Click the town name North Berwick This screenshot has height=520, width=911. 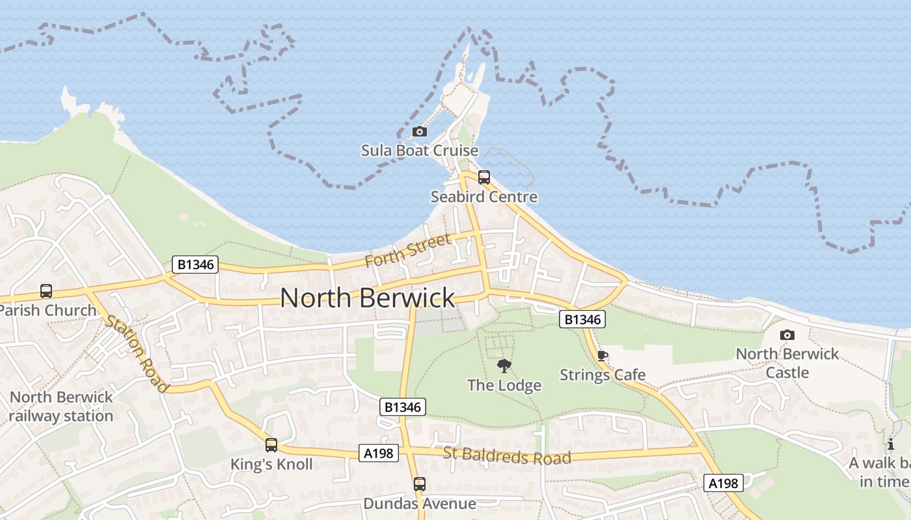pos(368,298)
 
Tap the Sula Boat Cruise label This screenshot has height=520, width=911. pos(420,151)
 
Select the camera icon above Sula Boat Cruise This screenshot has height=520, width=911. pos(420,132)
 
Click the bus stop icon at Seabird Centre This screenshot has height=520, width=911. pos(483,177)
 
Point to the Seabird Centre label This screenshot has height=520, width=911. pos(483,196)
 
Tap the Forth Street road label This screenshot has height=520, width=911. pos(408,250)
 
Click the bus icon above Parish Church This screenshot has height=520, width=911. pos(46,291)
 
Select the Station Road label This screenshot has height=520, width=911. pos(137,353)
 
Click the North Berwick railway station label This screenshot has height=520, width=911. pos(61,406)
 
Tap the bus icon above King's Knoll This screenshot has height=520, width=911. pos(271,445)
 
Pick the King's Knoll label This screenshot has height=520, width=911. pos(271,464)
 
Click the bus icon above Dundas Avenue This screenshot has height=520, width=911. pos(420,484)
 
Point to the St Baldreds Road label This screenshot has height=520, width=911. pos(507,456)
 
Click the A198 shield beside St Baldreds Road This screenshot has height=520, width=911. pos(378,453)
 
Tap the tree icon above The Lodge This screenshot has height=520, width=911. pos(504,366)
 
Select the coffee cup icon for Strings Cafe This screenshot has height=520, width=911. pos(602,356)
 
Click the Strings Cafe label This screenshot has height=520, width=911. pos(603,375)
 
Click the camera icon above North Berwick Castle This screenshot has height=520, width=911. pos(787,335)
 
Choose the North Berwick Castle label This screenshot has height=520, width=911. pos(787,363)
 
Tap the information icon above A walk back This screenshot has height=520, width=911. pos(891,445)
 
